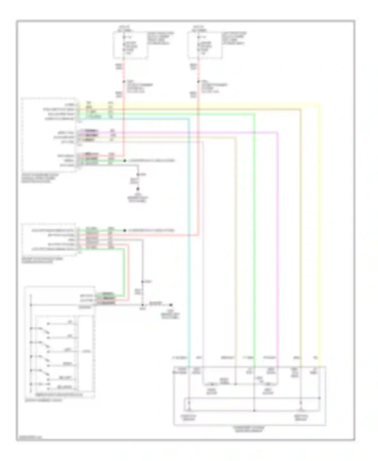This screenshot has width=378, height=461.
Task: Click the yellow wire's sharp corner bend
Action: point(320,104)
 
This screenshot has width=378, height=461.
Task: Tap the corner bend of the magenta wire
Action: point(277,132)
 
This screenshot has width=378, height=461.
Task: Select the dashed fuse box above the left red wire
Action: point(130,45)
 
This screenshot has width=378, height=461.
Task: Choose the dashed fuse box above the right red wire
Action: point(204,45)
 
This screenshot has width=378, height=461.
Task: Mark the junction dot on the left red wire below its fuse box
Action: point(124,82)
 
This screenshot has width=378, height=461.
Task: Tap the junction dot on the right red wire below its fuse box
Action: point(198,82)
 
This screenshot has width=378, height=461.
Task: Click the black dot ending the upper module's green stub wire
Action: point(124,161)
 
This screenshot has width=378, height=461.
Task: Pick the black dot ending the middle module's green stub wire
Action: point(124,231)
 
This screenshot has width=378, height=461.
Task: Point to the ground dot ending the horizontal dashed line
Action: point(171,305)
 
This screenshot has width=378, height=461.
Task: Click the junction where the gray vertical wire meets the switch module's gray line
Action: point(143,305)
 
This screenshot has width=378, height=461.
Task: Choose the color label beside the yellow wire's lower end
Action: point(315,358)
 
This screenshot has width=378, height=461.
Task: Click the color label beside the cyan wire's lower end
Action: point(179,358)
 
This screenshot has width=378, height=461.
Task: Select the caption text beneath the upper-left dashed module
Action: point(40,178)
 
